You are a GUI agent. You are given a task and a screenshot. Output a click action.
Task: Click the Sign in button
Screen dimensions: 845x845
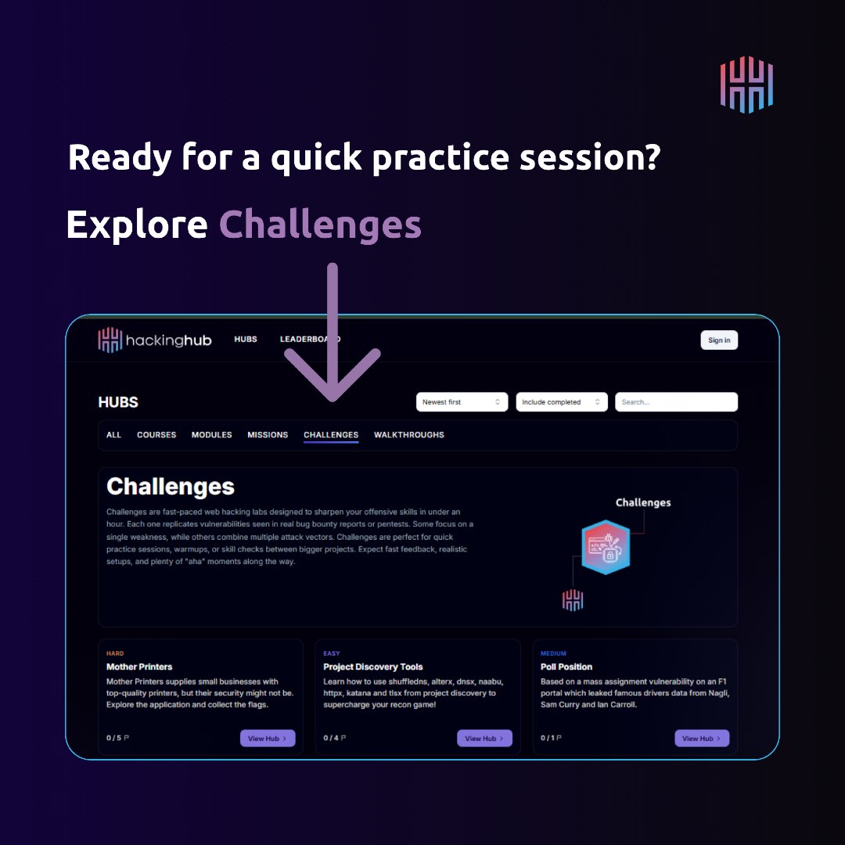(719, 340)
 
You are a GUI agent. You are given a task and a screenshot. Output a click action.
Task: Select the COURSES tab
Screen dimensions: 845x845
(156, 435)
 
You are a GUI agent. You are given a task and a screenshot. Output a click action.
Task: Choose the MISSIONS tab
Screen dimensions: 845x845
(268, 435)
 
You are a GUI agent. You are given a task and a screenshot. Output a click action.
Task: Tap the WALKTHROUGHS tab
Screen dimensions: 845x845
(408, 435)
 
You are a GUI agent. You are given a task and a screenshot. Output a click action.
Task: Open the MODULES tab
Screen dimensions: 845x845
(211, 435)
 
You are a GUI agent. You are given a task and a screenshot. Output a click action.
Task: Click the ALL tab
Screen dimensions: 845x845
(114, 435)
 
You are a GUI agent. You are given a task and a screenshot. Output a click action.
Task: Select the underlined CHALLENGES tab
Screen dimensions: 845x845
(331, 435)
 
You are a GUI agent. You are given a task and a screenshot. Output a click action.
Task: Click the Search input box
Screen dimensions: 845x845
(676, 402)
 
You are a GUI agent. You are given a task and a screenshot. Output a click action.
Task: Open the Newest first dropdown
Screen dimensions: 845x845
(462, 402)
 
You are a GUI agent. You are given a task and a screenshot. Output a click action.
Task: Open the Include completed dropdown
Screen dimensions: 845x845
(561, 402)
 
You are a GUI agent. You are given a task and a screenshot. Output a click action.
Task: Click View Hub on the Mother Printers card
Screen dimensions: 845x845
(268, 739)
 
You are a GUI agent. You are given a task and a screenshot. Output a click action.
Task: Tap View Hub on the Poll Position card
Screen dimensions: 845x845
(702, 739)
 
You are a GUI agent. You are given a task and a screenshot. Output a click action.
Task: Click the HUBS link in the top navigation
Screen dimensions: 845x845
(246, 340)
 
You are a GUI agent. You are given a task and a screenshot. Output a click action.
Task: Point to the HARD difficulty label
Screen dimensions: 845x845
(115, 653)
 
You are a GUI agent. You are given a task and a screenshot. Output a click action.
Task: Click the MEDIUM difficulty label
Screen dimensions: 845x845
(553, 653)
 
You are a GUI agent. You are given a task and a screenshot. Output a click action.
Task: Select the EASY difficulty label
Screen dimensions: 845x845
(332, 653)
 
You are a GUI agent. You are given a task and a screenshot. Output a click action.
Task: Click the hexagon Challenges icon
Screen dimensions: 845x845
(606, 548)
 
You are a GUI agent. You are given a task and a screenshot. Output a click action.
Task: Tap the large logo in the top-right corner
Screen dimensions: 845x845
(746, 84)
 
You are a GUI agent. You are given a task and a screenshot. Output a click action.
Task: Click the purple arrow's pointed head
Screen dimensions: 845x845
(333, 391)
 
